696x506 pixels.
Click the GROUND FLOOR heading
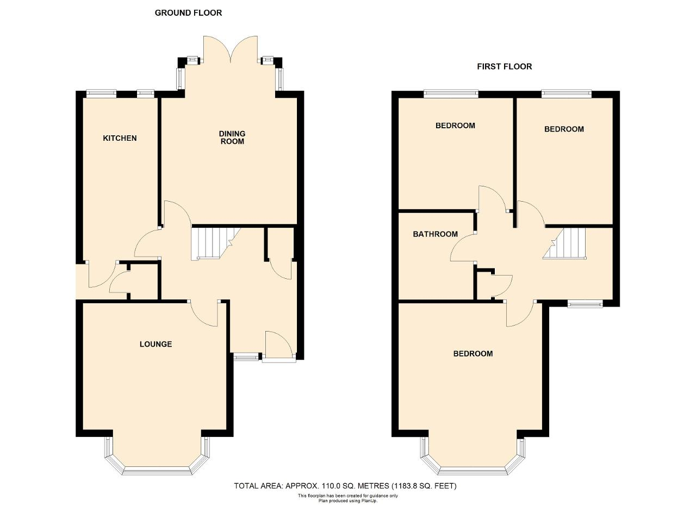coord(188,13)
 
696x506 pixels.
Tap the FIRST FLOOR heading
coord(504,66)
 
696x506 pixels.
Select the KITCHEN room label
coord(120,138)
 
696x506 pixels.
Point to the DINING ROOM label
coord(232,138)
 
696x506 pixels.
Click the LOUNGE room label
coord(156,344)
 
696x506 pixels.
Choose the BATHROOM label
coord(435,234)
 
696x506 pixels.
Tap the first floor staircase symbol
coord(564,243)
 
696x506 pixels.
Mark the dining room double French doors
coord(230,49)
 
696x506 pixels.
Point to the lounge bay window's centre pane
coord(157,471)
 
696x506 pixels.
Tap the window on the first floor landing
coord(585,304)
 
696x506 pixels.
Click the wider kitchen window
coord(101,93)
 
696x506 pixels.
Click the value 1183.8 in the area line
coord(405,485)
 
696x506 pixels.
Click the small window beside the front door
coord(246,357)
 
